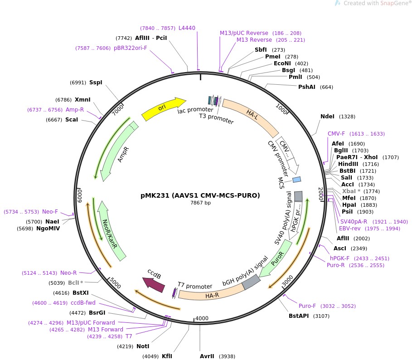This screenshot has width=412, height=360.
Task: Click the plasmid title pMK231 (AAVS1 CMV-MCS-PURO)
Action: [x=200, y=195]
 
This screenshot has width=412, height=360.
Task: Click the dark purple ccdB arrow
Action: [x=154, y=284]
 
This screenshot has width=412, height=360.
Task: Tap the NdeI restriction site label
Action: [x=327, y=117]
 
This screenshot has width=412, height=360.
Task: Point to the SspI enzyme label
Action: [x=96, y=83]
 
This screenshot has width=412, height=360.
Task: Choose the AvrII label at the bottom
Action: [x=207, y=356]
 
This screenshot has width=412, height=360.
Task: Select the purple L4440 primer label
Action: [x=187, y=28]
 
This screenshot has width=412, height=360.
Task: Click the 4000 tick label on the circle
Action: [x=202, y=318]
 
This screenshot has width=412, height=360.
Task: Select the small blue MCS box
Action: [x=296, y=180]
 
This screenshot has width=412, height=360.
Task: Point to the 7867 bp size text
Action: [x=200, y=203]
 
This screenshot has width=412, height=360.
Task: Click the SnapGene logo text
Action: [x=376, y=4]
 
